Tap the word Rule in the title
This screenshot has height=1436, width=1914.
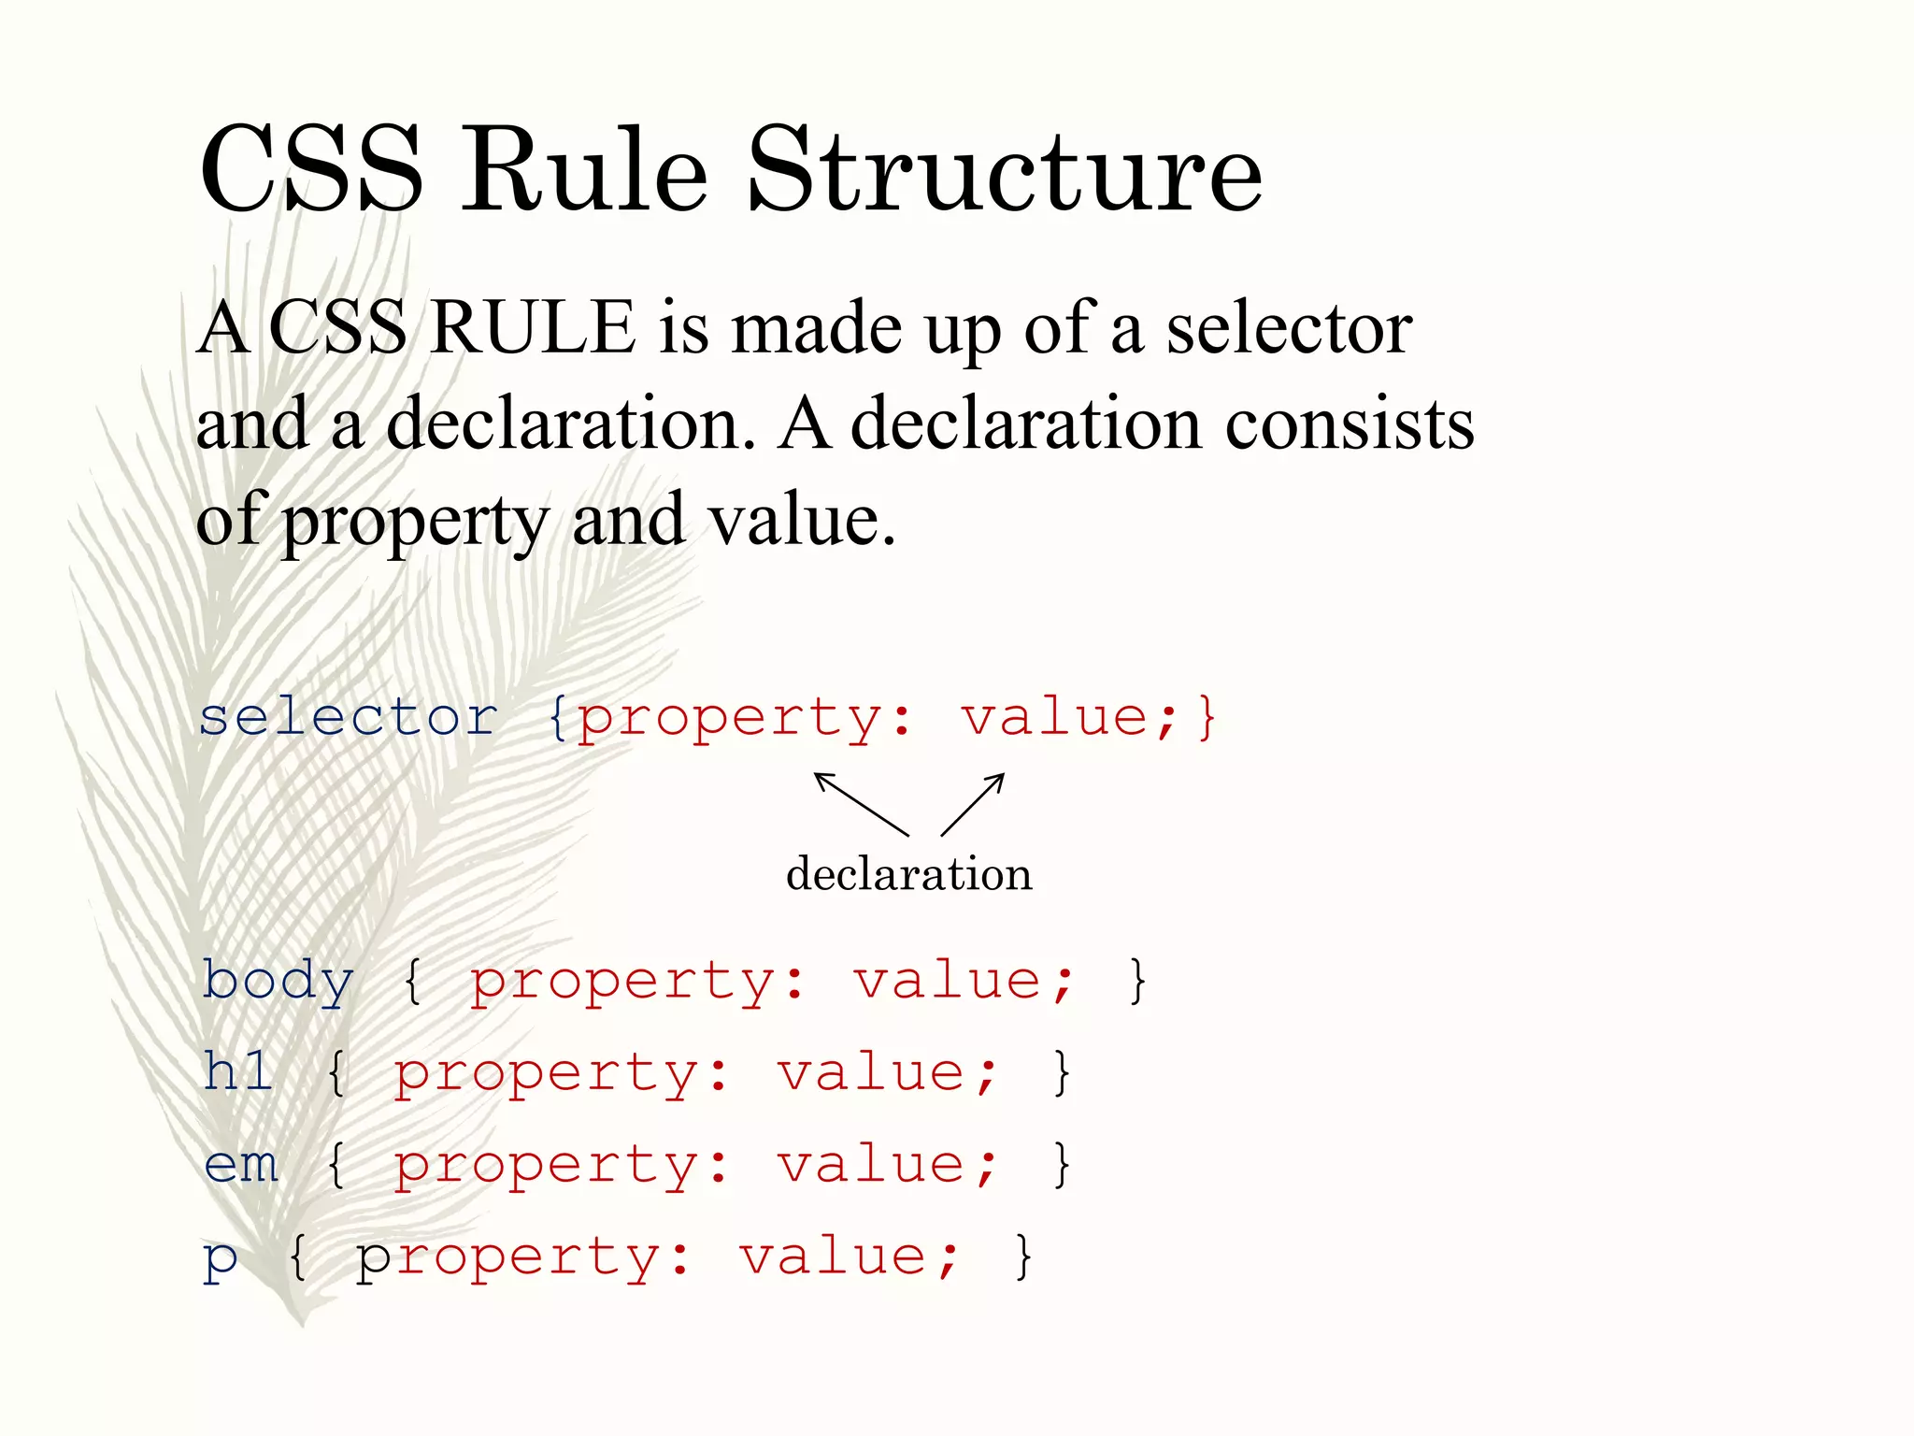[x=584, y=171]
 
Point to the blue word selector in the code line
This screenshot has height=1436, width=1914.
[x=348, y=718]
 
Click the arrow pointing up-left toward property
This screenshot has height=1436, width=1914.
[x=860, y=802]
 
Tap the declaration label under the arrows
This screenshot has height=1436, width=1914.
[x=908, y=874]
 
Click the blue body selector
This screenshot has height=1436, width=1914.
[x=279, y=982]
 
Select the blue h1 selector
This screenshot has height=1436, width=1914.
[x=238, y=1071]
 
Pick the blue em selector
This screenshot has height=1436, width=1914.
[x=241, y=1165]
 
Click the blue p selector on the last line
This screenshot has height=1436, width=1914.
[x=221, y=1258]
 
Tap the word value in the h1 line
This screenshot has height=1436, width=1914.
[x=873, y=1072]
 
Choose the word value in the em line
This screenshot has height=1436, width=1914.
[x=873, y=1165]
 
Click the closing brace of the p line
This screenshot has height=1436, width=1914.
[x=1023, y=1256]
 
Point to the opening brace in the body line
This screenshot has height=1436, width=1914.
[x=413, y=982]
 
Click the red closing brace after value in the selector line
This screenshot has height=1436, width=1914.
[x=1207, y=718]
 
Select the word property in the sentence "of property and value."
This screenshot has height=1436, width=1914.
[x=415, y=522]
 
